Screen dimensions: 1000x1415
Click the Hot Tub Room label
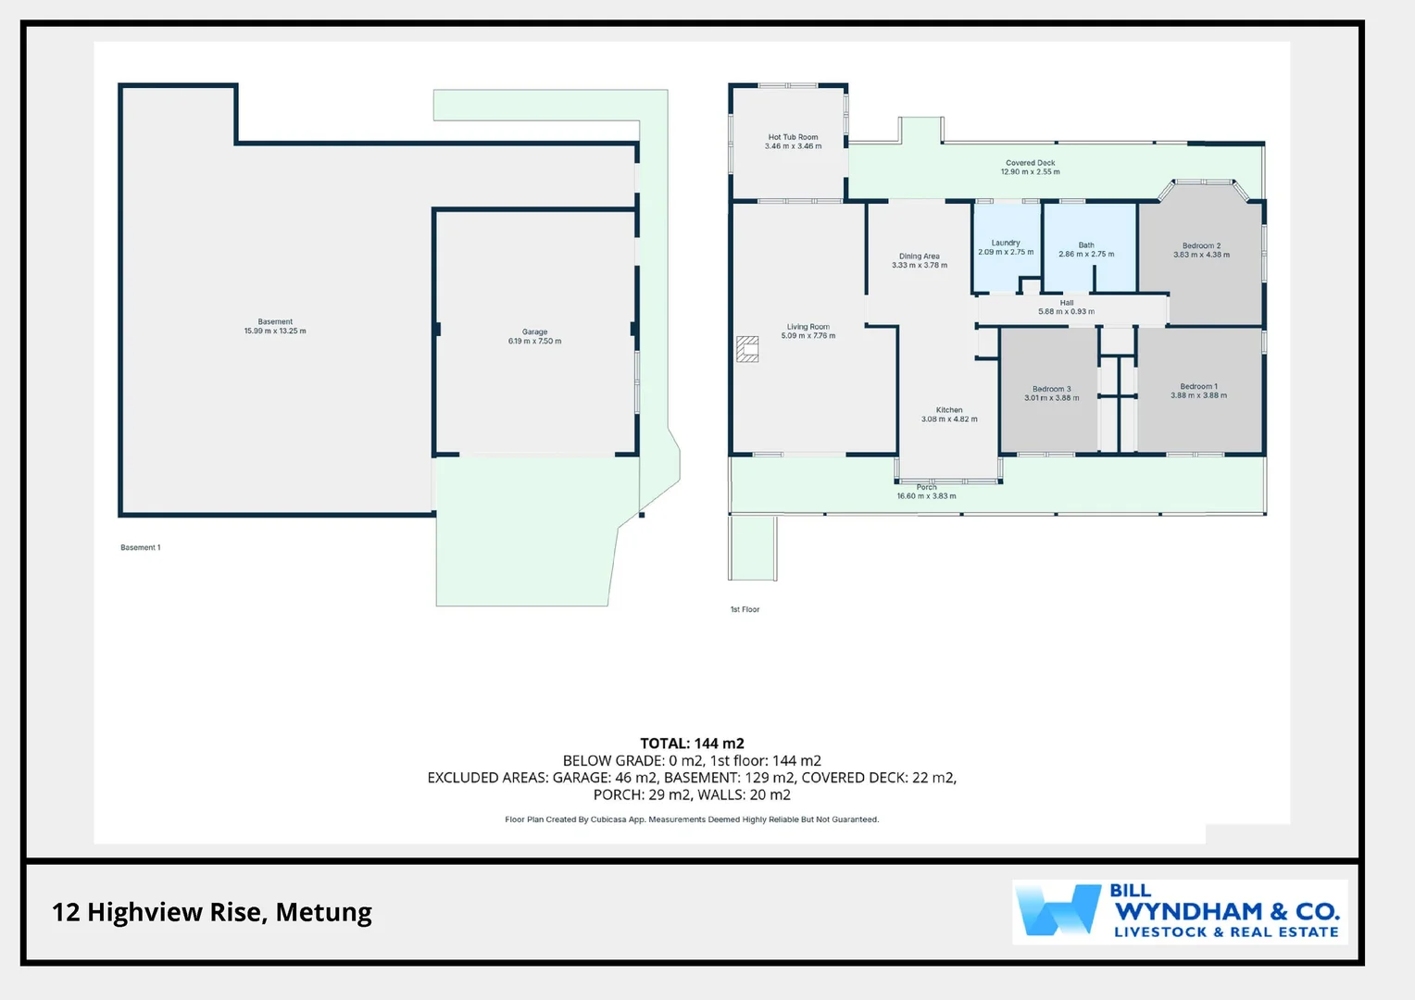793,137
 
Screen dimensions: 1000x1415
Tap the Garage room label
534,331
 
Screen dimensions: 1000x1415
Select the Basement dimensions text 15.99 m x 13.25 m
275,331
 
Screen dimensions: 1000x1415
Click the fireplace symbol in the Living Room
747,348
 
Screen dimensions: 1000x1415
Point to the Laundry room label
1006,243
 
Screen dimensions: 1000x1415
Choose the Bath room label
1086,245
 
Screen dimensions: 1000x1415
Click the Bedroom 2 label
1201,245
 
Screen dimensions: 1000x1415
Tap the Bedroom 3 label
1051,389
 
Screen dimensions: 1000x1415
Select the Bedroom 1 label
1198,386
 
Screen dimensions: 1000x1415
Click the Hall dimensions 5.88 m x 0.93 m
1066,312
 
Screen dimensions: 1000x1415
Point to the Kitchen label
949,410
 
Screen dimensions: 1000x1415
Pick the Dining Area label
919,256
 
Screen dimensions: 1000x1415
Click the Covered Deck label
1030,163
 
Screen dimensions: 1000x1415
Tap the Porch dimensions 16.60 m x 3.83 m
926,496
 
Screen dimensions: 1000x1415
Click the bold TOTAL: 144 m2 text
692,744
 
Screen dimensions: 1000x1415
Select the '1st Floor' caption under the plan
745,609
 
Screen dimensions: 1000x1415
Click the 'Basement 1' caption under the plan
140,547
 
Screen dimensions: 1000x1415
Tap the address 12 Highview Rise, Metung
212,912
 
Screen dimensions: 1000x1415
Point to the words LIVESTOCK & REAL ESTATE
1226,932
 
